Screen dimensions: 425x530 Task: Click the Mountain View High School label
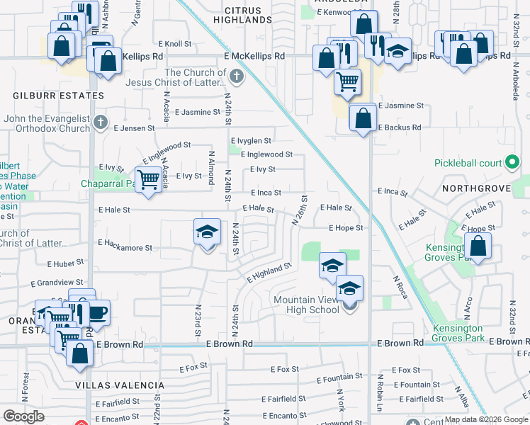306,305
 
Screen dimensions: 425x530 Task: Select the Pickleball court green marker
510,163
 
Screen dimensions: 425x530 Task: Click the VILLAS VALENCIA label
120,385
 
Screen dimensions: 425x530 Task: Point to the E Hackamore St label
125,245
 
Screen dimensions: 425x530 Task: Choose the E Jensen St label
134,128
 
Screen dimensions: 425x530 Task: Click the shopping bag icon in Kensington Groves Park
478,246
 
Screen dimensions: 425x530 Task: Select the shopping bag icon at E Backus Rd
363,118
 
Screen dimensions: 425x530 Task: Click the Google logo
23,416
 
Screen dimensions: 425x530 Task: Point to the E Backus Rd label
400,127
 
